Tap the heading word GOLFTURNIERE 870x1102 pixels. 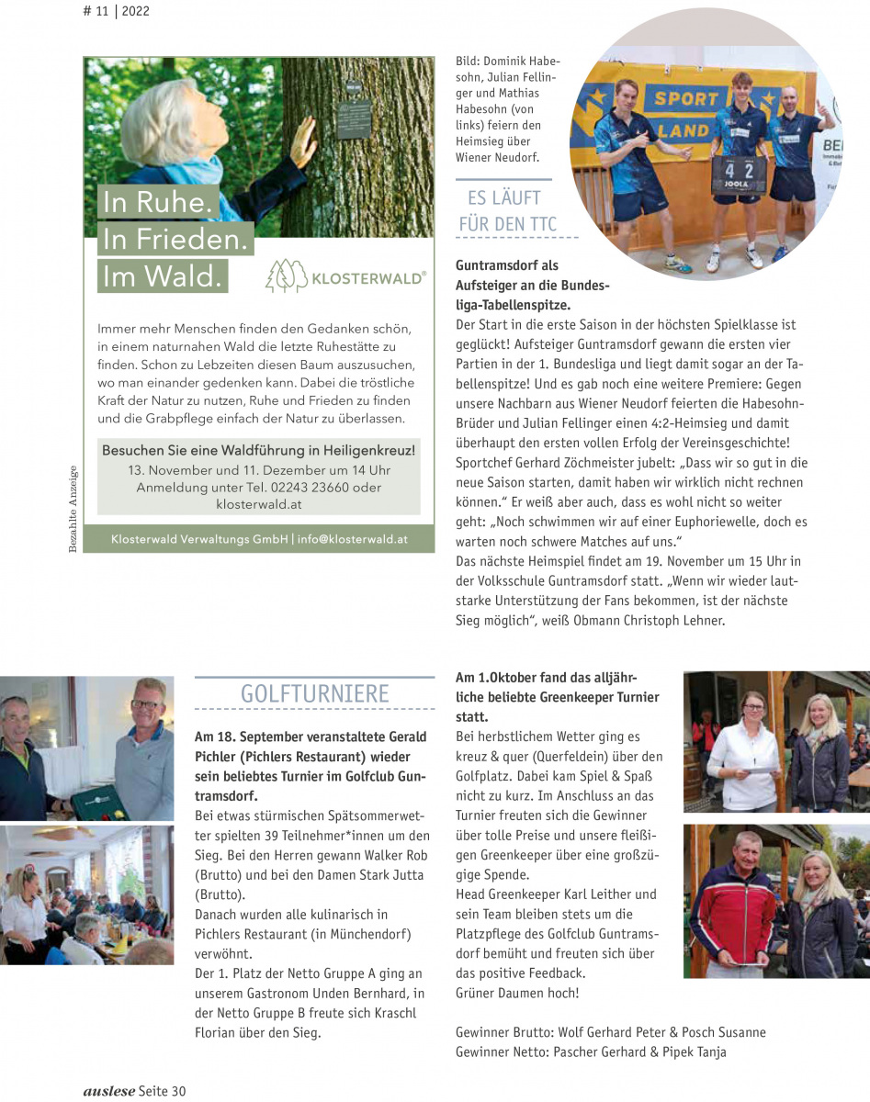pos(314,693)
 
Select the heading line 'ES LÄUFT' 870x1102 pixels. pos(503,197)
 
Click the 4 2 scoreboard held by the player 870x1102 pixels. pos(738,171)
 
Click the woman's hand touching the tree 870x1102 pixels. pos(301,140)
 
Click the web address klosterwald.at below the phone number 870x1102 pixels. pos(259,504)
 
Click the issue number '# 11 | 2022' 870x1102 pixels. pos(116,12)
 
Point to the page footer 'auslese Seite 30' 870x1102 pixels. pos(134,1091)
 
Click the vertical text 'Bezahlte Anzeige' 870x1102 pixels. pos(73,510)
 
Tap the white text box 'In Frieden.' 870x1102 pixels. pos(176,239)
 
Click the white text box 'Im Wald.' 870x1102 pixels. pos(163,275)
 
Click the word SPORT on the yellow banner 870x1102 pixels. pos(686,98)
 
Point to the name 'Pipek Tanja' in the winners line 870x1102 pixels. pos(695,1052)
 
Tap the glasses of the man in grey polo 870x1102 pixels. pos(145,705)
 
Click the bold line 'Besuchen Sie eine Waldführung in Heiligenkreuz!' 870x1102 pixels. pos(258,451)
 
